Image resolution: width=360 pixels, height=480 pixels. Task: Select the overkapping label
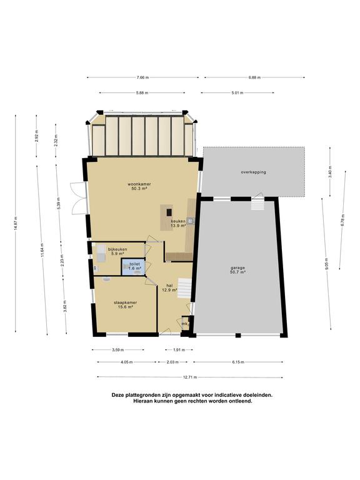tap(254, 172)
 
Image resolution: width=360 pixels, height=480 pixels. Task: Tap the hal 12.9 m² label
tap(171, 287)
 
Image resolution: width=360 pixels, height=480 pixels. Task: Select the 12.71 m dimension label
tap(190, 377)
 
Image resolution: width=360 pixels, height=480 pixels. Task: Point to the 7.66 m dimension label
tap(142, 77)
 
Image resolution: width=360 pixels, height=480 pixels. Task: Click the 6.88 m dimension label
tap(254, 77)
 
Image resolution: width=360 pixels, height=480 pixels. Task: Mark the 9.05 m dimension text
tap(327, 264)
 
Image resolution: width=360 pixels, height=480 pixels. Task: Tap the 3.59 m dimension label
tap(118, 350)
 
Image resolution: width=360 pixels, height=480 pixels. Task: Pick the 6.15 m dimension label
tap(238, 362)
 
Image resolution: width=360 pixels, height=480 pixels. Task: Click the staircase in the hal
tap(184, 288)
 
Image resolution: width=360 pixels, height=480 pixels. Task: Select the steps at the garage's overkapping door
tap(257, 204)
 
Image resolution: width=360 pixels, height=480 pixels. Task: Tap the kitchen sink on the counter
tap(191, 221)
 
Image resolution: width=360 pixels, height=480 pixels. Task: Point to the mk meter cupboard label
tap(184, 324)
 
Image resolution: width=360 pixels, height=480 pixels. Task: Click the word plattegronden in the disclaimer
tap(139, 395)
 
